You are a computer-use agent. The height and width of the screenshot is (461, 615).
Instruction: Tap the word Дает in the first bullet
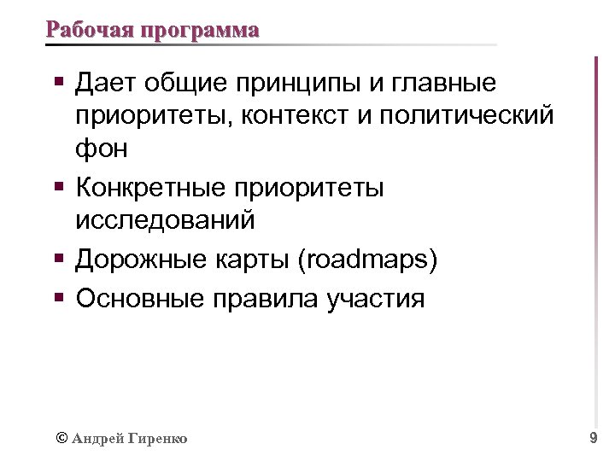107,85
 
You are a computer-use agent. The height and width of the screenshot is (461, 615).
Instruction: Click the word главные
453,85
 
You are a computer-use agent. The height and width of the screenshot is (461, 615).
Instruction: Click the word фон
102,149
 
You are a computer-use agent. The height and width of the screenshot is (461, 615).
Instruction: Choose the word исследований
165,219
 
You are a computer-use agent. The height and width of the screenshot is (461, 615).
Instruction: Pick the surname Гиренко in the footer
160,439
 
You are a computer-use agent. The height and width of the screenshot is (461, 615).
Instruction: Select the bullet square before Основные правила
59,297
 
